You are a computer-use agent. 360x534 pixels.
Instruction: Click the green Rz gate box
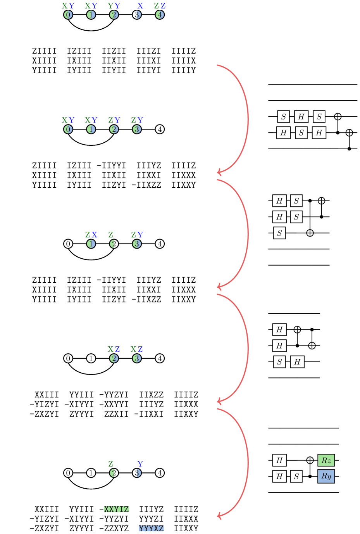(x=326, y=460)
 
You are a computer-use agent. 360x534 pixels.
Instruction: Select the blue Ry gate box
(x=326, y=476)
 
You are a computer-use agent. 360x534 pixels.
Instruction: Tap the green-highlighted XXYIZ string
(x=116, y=509)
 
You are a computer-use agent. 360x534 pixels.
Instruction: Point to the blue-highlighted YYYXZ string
(x=151, y=528)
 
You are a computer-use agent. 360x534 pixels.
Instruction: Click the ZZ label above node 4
(x=160, y=6)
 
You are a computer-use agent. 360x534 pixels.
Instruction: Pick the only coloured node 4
(x=160, y=15)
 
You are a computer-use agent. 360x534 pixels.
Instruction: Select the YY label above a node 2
(x=114, y=6)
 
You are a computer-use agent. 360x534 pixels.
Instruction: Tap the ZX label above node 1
(x=91, y=235)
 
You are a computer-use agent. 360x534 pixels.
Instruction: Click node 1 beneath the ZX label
(x=91, y=244)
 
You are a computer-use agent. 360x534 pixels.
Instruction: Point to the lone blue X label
(x=140, y=6)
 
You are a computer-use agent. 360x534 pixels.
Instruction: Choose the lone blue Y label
(x=140, y=464)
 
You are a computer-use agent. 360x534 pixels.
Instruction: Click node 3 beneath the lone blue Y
(x=137, y=473)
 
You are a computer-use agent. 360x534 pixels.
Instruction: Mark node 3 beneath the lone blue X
(x=137, y=15)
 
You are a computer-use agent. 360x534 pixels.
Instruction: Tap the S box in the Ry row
(x=296, y=477)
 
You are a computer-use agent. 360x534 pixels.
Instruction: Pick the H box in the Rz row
(x=279, y=460)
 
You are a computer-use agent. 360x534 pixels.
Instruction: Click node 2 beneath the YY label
(x=114, y=15)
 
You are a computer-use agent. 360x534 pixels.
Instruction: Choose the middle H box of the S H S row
(x=301, y=117)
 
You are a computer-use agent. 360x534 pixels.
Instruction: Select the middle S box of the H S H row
(x=301, y=133)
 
